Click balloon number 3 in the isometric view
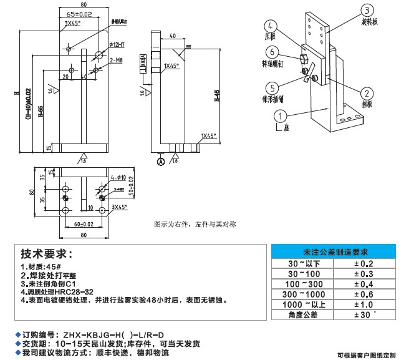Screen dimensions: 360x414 368,10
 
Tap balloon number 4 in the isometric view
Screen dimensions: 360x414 270,27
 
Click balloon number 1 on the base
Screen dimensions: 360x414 282,115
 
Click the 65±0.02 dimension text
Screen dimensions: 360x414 79,14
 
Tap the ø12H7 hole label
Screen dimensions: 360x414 117,44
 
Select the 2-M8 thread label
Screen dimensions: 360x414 116,61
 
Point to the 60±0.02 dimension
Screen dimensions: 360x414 84,223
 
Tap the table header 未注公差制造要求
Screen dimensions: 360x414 331,252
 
